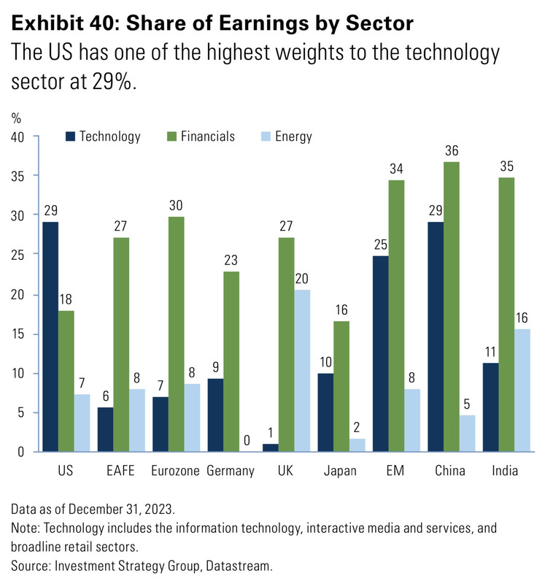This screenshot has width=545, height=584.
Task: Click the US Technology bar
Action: point(50,337)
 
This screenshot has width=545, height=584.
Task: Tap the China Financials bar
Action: point(451,307)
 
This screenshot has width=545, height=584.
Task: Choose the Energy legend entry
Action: point(286,137)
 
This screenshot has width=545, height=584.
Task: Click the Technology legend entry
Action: point(102,137)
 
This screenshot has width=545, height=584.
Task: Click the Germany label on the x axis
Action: point(231,471)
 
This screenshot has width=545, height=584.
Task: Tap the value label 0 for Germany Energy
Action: point(248,441)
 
